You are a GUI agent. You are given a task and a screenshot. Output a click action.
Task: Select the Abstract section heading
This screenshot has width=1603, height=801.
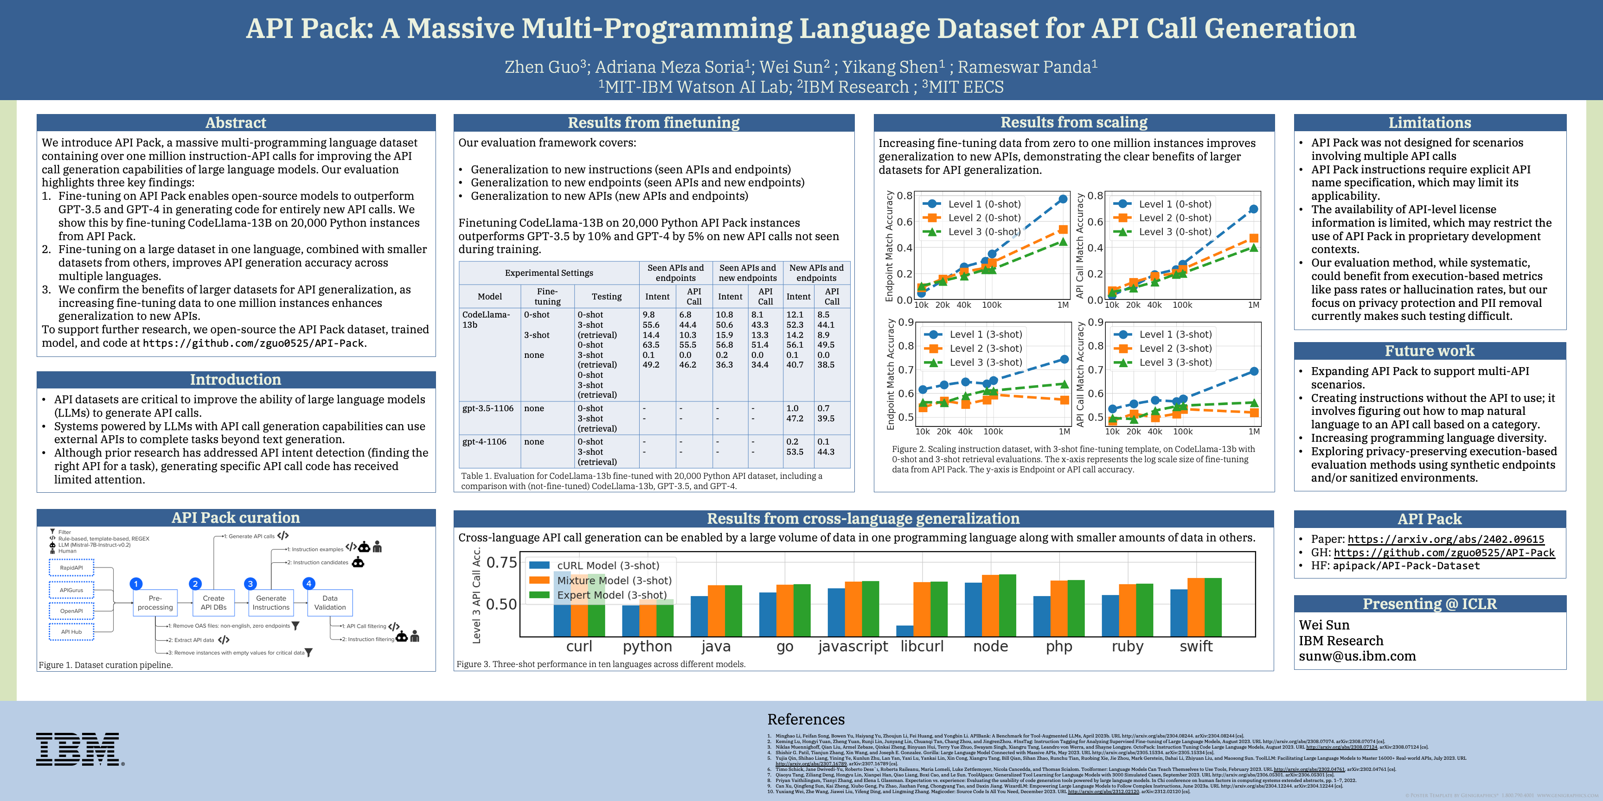236,122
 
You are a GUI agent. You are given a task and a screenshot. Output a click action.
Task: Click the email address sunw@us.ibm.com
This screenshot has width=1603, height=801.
1357,656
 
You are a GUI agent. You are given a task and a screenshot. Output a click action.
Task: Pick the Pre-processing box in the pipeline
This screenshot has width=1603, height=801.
155,603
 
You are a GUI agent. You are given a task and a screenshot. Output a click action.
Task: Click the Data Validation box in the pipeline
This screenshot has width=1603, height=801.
330,603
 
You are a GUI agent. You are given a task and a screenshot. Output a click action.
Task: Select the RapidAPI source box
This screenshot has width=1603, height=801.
71,568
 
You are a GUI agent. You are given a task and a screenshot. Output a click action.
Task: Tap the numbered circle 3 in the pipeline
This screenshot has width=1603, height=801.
250,583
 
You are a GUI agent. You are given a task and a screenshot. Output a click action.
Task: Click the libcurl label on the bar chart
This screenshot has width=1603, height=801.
922,646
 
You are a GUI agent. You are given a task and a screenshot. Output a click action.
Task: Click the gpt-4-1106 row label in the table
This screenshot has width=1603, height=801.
488,442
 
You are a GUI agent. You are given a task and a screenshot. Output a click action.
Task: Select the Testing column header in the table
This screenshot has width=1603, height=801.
606,297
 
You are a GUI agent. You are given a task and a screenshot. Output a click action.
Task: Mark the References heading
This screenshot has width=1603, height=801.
806,719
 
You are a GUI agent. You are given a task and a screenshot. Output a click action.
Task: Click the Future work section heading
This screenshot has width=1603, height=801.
1430,351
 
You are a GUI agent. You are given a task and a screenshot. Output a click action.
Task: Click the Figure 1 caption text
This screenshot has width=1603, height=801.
106,665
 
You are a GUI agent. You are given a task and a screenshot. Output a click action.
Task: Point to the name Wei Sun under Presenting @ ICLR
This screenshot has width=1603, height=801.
1324,625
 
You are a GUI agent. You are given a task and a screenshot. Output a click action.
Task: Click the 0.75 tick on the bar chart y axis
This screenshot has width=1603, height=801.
501,563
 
